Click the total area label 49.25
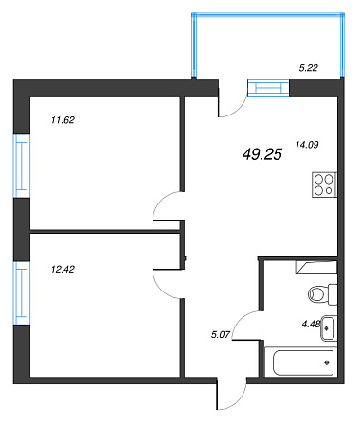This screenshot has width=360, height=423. coord(262,154)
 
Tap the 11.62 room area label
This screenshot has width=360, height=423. coord(63,120)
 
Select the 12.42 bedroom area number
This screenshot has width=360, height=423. coord(63,269)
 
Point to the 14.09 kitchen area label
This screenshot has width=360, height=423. coord(307,145)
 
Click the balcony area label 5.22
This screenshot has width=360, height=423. coord(308,68)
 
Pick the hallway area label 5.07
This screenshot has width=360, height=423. coord(221,334)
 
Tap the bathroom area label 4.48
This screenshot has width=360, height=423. coord(311,324)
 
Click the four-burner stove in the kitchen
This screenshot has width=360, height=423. coord(324,185)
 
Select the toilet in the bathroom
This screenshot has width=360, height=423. coord(323,294)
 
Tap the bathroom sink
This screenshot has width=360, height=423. coord(329,328)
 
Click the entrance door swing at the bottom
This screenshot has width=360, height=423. coord(241,401)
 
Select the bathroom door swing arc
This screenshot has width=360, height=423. coord(239,320)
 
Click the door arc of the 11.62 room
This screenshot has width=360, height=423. coord(158,202)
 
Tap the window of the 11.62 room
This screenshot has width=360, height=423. coord(22,167)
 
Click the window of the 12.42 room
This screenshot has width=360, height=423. coord(22,293)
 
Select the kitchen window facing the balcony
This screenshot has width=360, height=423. coord(268,88)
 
